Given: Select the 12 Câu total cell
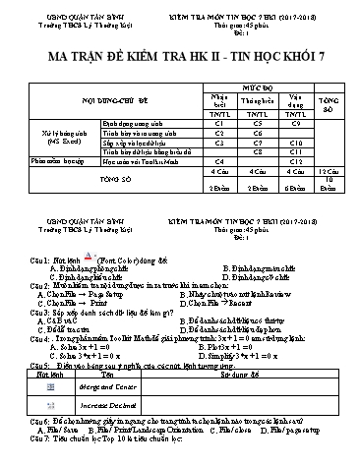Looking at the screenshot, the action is [332, 171].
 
